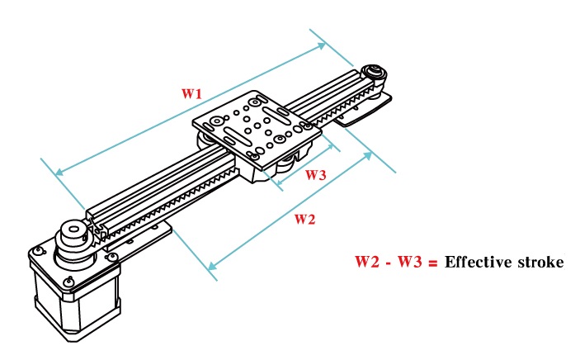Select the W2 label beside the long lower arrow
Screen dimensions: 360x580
pos(304,219)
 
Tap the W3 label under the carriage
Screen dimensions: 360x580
pos(315,175)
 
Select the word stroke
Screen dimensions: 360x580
pos(540,263)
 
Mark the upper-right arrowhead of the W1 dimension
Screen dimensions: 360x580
pos(323,45)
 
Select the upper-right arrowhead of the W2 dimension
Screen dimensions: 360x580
pos(368,157)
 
